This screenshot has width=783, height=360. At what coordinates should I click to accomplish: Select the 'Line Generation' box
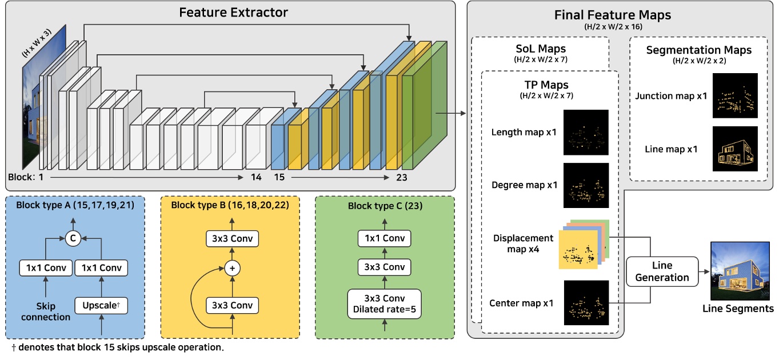pos(662,271)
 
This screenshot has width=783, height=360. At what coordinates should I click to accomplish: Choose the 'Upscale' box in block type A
pos(101,305)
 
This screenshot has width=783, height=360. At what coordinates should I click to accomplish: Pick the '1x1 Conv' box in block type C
pos(385,238)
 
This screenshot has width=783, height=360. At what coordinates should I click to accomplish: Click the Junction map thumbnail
pos(735,95)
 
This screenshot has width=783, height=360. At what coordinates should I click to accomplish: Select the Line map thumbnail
pos(735,149)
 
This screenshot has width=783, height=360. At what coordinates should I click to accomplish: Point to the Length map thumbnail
pos(586,133)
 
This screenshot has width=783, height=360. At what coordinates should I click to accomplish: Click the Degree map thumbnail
pos(586,185)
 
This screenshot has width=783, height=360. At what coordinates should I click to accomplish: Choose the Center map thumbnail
pos(586,303)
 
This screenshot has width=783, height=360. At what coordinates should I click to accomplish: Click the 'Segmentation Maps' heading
pos(698,50)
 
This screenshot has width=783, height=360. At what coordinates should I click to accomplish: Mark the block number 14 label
pos(256,178)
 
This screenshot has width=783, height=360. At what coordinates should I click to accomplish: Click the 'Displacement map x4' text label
pos(522,243)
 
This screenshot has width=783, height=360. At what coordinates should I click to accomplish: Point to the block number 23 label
pos(401,178)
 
